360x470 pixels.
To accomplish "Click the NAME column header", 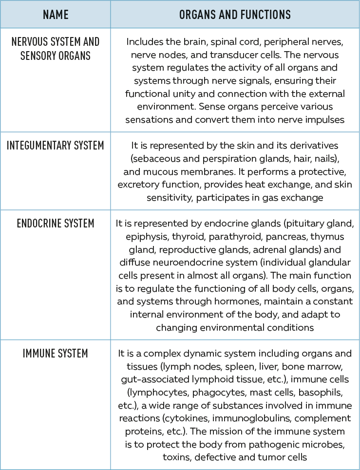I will tap(55, 15).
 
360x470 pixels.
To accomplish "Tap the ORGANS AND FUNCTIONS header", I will tap(235, 15).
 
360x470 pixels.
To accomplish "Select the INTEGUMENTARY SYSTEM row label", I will tap(55, 145).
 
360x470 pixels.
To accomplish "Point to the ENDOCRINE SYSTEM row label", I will tap(55, 224).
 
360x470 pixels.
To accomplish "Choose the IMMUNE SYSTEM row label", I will tap(55, 353).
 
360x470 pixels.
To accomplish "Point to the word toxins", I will tap(177, 457).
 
